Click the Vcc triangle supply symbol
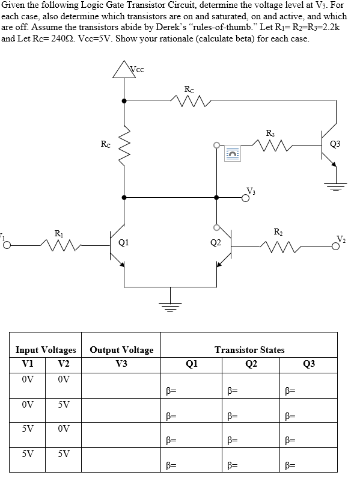click(124, 70)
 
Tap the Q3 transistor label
click(335, 142)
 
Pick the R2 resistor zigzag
click(278, 245)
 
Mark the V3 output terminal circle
click(246, 201)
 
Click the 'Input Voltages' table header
click(46, 350)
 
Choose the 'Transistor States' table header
click(249, 350)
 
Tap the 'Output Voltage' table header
click(121, 350)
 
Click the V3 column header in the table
click(121, 363)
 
